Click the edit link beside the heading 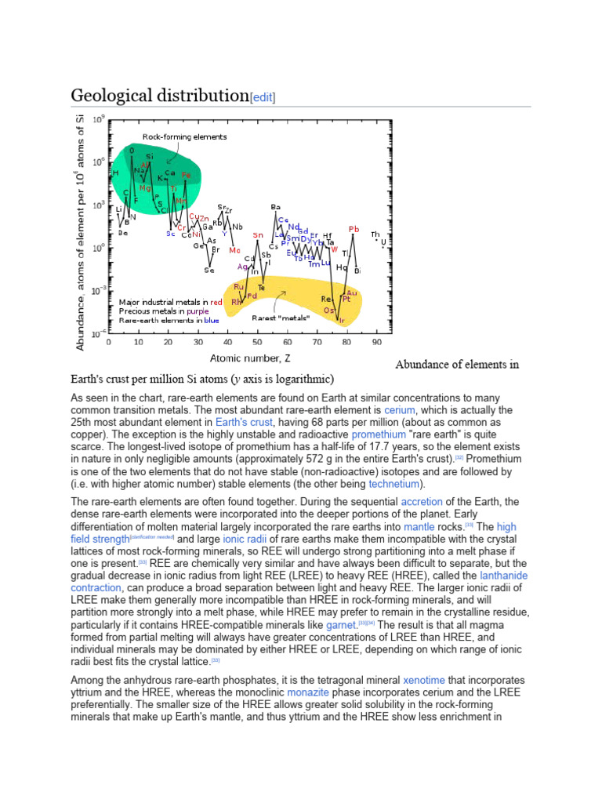263,97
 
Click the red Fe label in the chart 186,174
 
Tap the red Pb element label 354,229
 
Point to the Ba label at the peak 275,207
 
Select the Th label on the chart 375,234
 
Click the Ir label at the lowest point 341,321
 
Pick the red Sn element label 258,234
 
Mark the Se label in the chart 209,271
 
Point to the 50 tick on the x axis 257,342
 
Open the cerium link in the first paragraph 397,410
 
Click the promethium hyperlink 378,434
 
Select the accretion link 421,501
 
